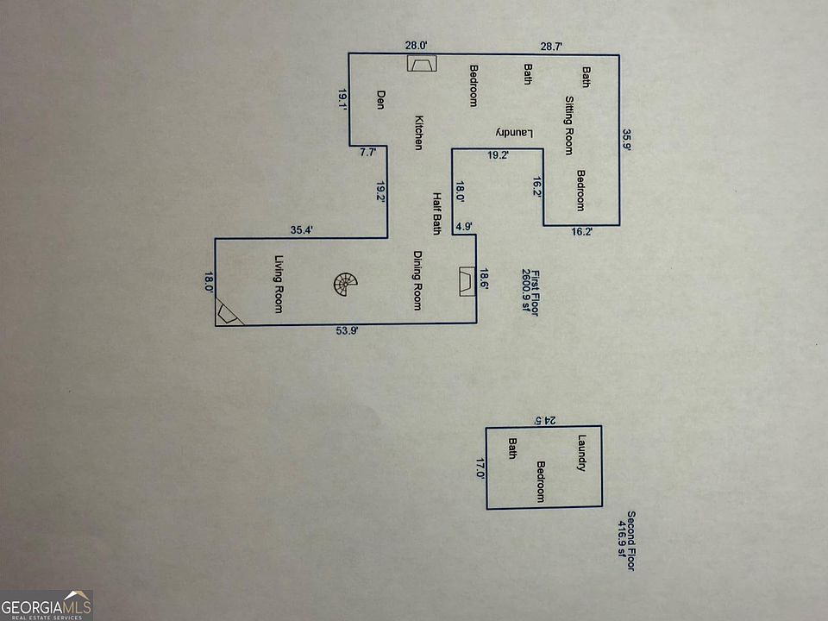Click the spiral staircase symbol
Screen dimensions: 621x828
(x=346, y=284)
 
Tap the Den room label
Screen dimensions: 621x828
(x=379, y=100)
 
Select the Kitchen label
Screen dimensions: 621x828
(x=418, y=133)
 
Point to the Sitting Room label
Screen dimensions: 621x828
(x=569, y=125)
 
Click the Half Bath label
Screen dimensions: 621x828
(x=436, y=213)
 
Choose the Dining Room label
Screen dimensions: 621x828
(x=417, y=280)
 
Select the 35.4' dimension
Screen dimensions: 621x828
(x=301, y=229)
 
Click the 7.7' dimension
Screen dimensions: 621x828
(x=367, y=153)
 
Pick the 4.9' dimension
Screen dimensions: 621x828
(x=464, y=227)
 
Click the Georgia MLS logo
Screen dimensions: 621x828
(x=47, y=605)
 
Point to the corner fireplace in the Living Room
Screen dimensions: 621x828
(x=227, y=312)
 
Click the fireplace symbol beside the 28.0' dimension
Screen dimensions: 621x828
(x=422, y=66)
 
